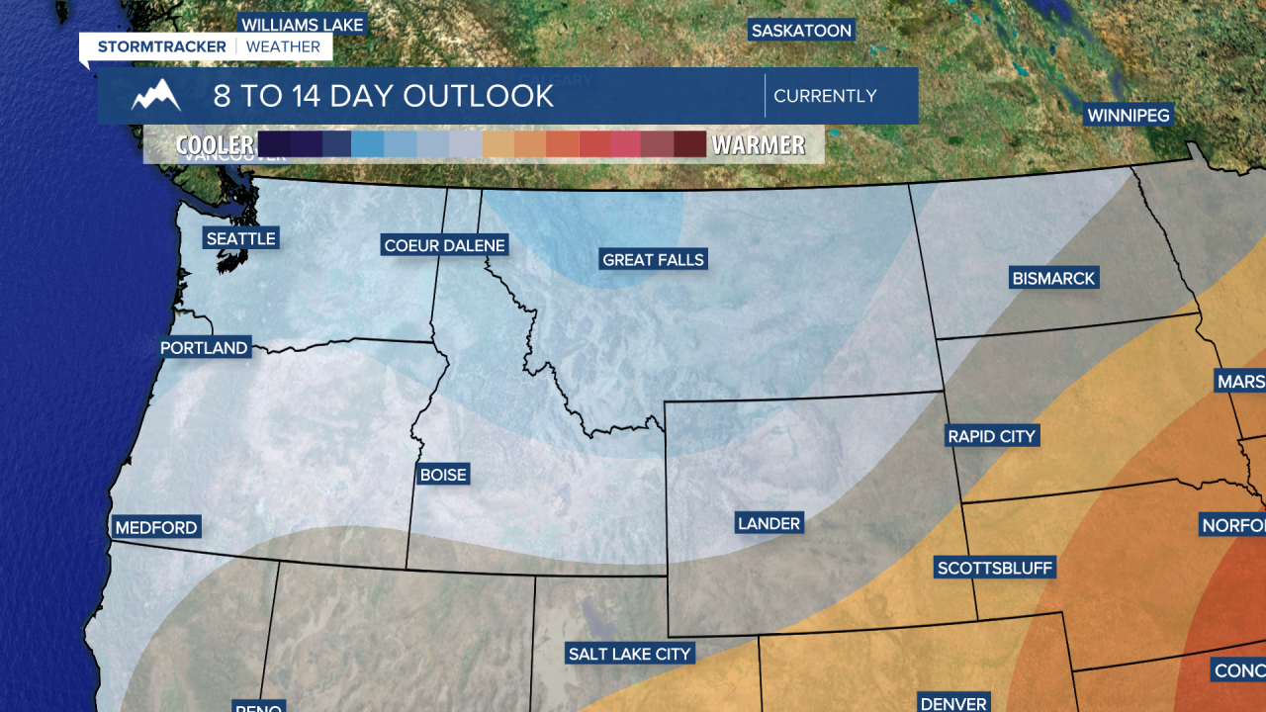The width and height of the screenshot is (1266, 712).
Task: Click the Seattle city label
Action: [240, 238]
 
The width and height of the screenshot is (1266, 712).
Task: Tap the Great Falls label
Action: [653, 260]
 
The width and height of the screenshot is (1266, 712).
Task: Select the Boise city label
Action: [443, 475]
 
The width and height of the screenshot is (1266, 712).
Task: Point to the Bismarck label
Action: [1053, 279]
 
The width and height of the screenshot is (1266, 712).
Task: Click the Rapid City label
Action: [991, 436]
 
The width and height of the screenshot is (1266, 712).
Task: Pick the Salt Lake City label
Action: [629, 654]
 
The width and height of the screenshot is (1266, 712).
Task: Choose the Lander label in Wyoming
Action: [769, 524]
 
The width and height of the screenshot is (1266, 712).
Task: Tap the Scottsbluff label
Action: [995, 568]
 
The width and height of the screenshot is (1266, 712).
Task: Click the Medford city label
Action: [156, 528]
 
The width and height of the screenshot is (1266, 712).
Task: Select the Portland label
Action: [204, 348]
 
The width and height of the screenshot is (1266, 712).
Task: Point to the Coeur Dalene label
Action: [444, 245]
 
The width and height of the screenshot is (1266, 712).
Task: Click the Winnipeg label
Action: [1129, 116]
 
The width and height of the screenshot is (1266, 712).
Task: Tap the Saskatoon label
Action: [801, 31]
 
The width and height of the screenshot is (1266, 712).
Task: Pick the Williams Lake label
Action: [303, 25]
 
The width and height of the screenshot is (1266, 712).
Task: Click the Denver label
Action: [953, 703]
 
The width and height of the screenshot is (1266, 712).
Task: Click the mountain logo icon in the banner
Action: [156, 96]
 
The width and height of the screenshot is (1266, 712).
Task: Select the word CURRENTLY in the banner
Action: [825, 96]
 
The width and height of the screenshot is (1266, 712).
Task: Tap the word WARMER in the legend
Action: [759, 145]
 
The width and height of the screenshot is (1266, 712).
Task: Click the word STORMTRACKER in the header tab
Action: [161, 46]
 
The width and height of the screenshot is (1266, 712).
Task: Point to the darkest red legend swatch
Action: [689, 144]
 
